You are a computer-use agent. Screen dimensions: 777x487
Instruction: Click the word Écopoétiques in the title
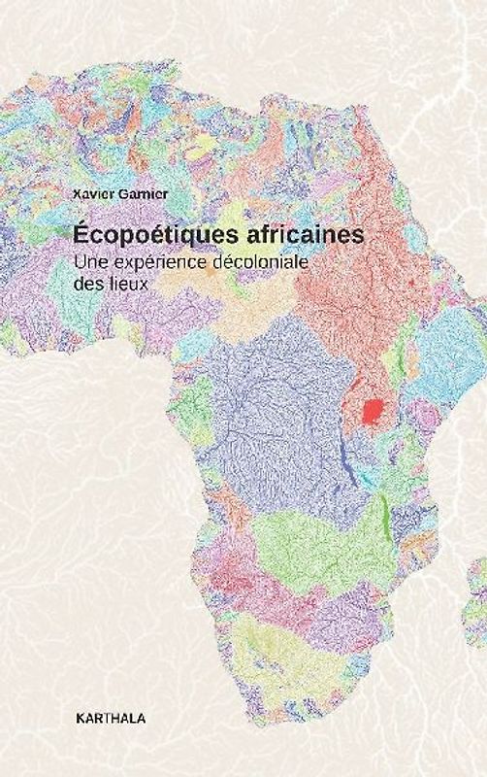click(140, 235)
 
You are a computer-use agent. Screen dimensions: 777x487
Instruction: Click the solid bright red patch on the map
click(371, 412)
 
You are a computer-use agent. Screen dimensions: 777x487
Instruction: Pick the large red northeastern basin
click(349, 253)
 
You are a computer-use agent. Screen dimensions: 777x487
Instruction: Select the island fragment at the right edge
click(479, 583)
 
